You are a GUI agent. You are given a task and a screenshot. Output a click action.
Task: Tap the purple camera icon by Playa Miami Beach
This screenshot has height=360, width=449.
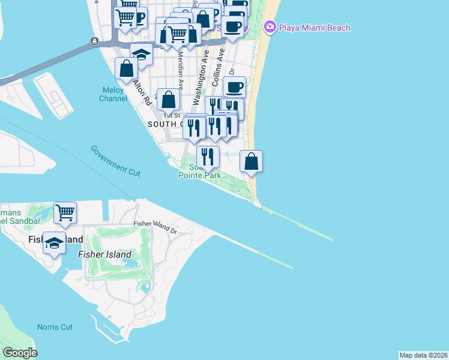click(x=270, y=27)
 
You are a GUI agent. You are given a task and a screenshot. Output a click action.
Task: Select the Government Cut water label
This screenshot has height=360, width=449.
click(x=116, y=160)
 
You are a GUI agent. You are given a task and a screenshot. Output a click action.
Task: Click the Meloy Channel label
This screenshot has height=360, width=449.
click(x=113, y=94)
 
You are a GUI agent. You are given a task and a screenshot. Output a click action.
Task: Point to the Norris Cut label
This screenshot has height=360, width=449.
click(x=55, y=327)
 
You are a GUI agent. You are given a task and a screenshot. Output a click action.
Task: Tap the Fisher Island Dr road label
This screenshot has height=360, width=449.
click(x=155, y=226)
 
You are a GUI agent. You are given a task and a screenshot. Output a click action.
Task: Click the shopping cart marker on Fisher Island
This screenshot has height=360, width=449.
click(x=65, y=212)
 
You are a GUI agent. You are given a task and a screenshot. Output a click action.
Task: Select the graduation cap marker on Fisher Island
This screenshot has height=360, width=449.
click(x=54, y=243)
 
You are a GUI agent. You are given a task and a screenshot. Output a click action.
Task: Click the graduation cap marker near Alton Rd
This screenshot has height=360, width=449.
click(x=141, y=55)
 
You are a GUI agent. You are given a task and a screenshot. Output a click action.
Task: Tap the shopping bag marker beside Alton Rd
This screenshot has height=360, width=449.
click(x=127, y=70)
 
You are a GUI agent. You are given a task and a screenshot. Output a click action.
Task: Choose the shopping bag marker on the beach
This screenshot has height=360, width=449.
click(x=252, y=161)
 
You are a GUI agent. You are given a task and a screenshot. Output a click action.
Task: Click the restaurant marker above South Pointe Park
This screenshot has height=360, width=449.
click(x=208, y=157)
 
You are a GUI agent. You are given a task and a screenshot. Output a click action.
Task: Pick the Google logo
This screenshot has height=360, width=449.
click(x=20, y=353)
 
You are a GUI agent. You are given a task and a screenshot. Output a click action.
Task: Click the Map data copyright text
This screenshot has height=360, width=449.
click(x=424, y=355)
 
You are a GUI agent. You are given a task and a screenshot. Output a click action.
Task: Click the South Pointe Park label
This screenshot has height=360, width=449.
click(x=199, y=172)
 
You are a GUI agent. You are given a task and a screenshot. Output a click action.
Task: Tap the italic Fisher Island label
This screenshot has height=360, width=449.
click(x=105, y=254)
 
